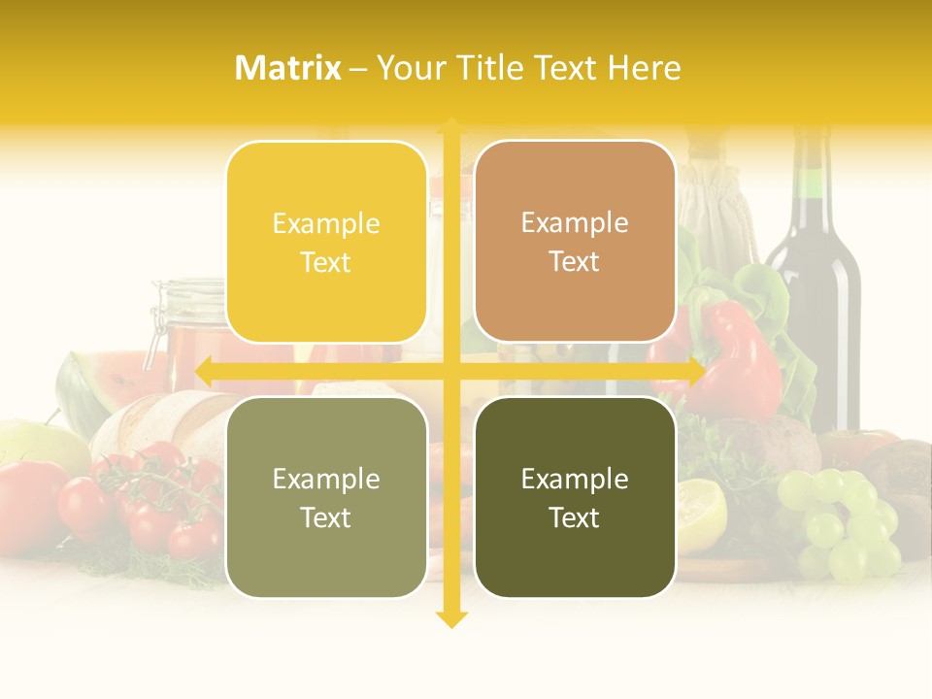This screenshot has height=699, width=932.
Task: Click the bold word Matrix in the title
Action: [288, 68]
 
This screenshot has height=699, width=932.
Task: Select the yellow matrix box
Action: [326, 243]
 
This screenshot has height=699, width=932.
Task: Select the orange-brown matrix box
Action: [575, 242]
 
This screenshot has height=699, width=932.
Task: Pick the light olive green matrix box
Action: [326, 497]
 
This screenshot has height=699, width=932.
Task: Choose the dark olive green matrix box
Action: [575, 497]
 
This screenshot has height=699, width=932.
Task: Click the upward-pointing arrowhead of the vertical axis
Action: [451, 127]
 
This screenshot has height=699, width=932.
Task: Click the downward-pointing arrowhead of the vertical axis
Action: [451, 618]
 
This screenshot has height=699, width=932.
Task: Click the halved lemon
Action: [699, 515]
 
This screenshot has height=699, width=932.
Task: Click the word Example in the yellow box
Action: [326, 224]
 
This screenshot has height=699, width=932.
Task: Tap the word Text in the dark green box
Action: [575, 517]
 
